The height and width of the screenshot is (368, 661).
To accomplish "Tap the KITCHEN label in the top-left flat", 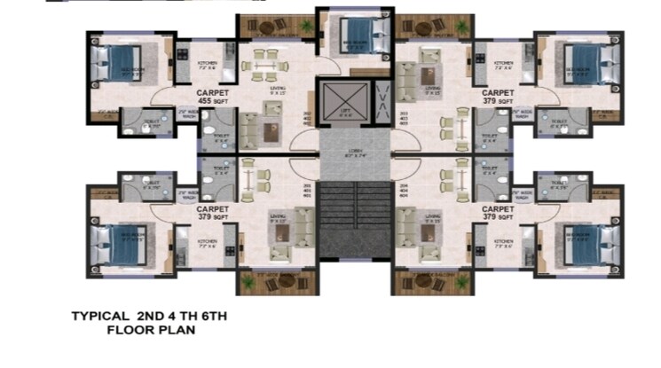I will (x=207, y=65).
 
